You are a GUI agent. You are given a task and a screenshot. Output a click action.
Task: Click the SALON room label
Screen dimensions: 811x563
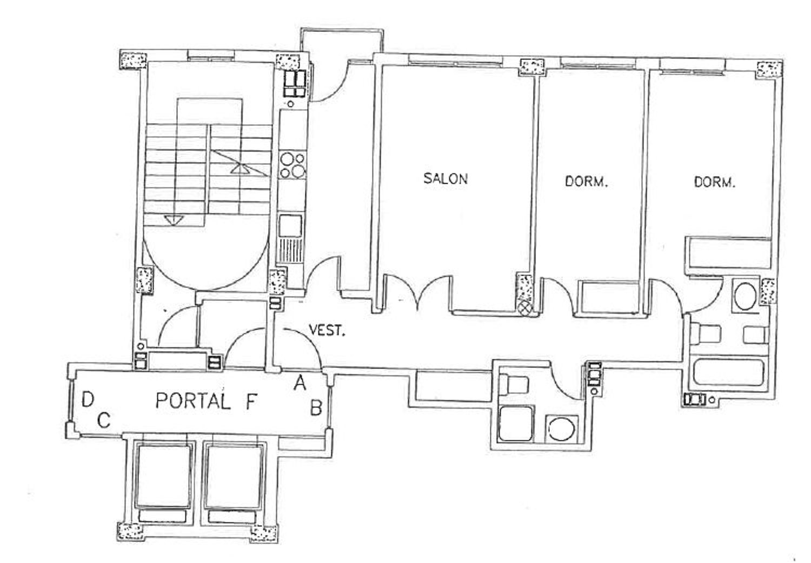(446, 179)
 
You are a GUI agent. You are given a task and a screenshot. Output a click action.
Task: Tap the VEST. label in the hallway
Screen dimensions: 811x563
(327, 330)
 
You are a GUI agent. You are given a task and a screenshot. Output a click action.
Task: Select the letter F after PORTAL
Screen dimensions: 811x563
(251, 401)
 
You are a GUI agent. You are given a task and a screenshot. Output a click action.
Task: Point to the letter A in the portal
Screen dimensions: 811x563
(300, 383)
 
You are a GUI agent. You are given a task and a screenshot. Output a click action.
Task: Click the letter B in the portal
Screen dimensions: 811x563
(316, 408)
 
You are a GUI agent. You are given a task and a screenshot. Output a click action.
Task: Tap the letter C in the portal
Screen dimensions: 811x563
(104, 420)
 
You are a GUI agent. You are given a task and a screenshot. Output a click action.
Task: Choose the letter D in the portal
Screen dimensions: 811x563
(88, 400)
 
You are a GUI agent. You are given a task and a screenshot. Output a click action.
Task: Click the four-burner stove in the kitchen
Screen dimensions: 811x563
(293, 165)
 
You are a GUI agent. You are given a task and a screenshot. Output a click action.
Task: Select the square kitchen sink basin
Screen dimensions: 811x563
(290, 226)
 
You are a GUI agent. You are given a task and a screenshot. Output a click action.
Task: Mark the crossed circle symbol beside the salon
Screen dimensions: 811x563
(525, 308)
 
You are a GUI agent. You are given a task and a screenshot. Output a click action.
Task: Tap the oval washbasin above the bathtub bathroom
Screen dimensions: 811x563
(746, 296)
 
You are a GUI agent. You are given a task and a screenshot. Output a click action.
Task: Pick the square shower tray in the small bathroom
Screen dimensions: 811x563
(516, 424)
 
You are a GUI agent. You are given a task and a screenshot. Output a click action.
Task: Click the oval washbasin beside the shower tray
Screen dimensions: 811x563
(562, 428)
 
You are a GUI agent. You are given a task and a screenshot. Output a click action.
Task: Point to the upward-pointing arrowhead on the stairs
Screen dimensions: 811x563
(240, 169)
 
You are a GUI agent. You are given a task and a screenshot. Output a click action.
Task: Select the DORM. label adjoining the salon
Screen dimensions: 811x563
(586, 182)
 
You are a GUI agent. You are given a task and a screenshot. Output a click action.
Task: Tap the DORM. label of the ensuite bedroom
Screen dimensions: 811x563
(715, 182)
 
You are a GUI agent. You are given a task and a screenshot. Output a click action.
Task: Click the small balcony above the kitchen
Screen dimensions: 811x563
(342, 45)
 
